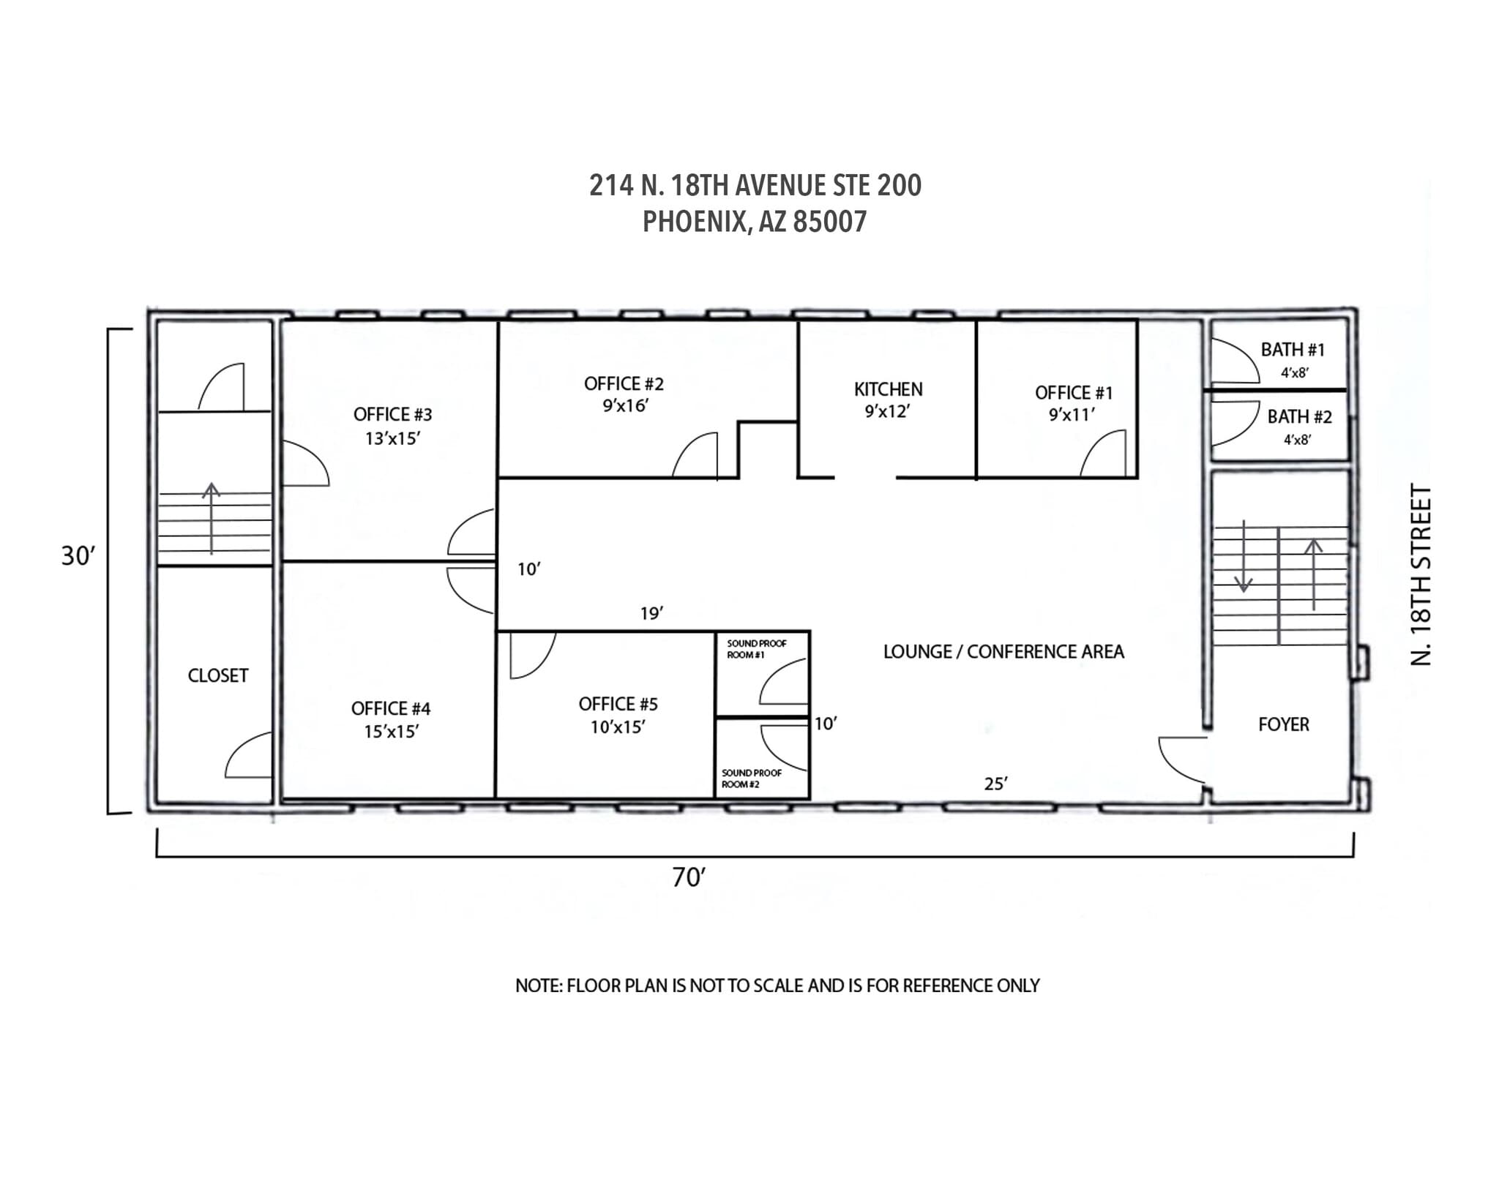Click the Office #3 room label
(x=392, y=415)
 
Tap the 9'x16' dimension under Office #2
(x=625, y=406)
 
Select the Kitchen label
(x=888, y=389)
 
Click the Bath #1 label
(x=1293, y=350)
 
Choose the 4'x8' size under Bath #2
(x=1296, y=440)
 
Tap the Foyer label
(x=1283, y=724)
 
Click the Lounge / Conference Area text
(x=1003, y=652)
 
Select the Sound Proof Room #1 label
(x=755, y=649)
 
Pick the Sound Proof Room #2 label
(x=751, y=778)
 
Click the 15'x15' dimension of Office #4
(x=391, y=732)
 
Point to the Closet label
(x=218, y=675)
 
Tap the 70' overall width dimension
(x=689, y=877)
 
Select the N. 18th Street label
(x=1419, y=574)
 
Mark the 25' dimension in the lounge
(x=995, y=784)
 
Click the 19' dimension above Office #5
(x=651, y=614)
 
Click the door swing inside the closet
(x=248, y=757)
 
